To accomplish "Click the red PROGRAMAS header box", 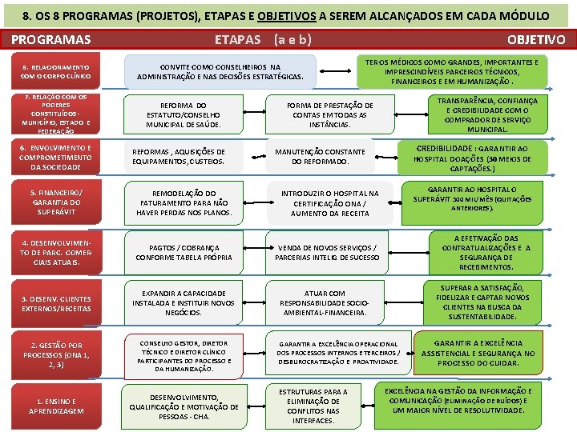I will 52,39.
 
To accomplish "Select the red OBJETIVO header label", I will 535,39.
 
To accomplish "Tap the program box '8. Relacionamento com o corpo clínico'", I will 56,72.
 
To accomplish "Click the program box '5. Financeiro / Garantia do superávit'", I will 56,202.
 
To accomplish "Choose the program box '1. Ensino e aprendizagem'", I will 56,406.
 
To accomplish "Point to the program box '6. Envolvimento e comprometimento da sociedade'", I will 56,158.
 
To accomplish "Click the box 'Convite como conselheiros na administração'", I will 220,72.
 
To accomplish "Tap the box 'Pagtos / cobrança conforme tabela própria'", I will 184,253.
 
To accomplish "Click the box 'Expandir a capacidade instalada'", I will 184,302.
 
